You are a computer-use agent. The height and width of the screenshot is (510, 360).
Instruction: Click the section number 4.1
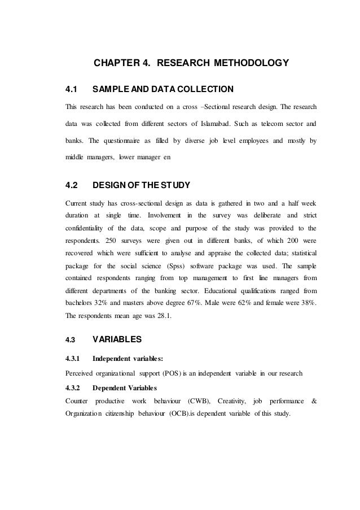(x=71, y=89)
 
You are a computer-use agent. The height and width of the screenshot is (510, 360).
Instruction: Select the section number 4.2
(x=72, y=185)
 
